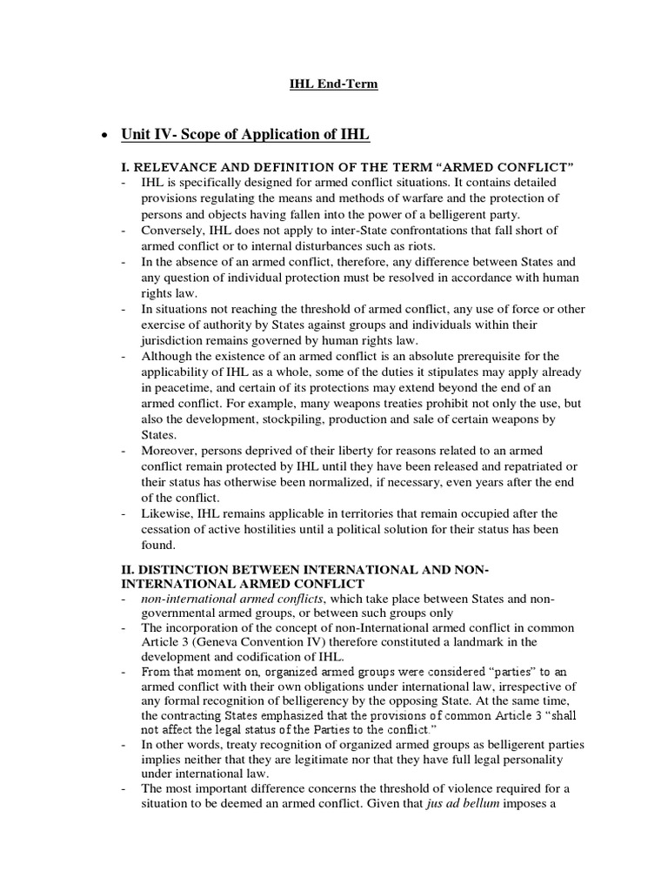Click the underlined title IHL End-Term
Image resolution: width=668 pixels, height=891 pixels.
[333, 84]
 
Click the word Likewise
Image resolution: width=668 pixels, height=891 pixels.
[166, 513]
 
